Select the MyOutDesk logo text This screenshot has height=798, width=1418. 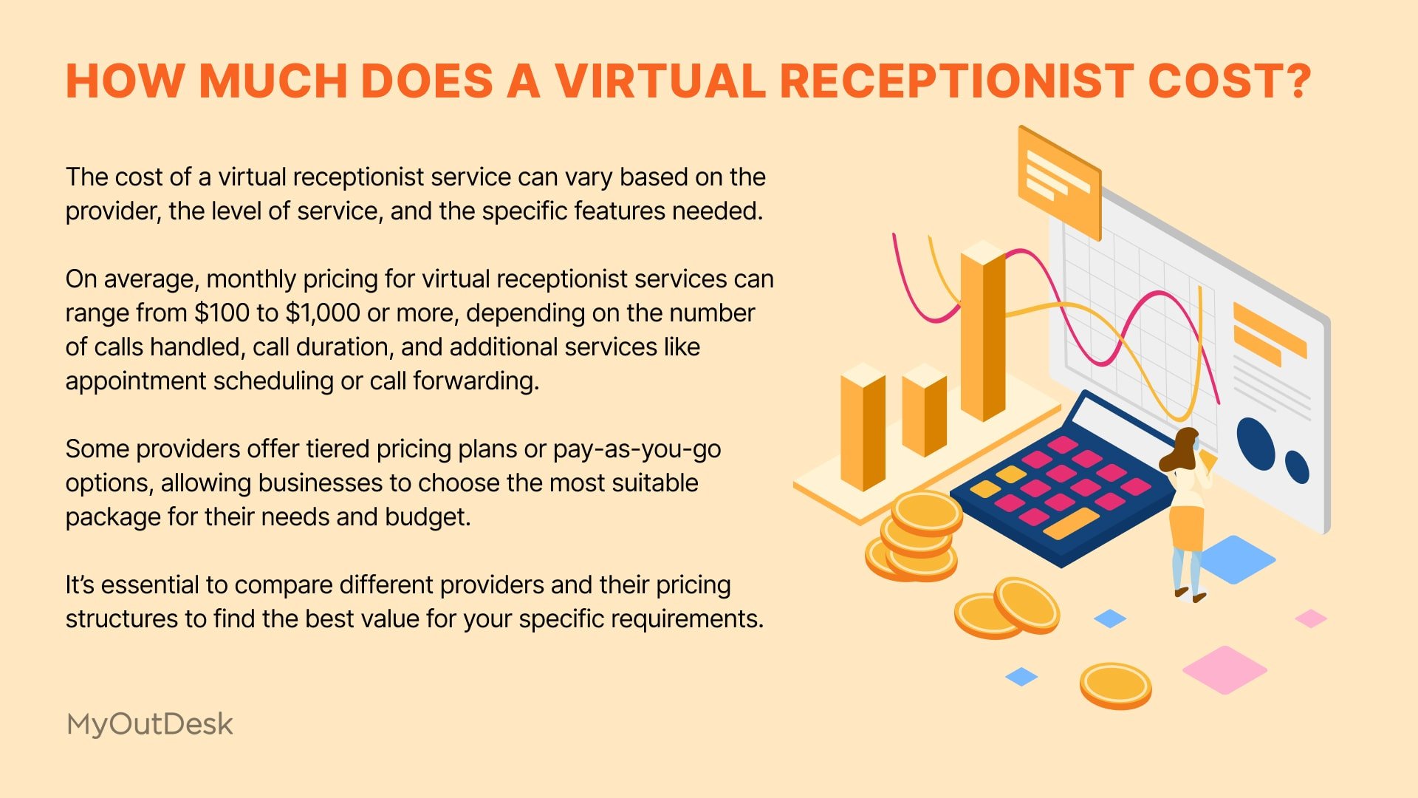click(x=149, y=724)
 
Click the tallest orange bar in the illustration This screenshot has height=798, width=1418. click(x=983, y=332)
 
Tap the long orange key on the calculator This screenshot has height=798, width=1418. click(x=1072, y=522)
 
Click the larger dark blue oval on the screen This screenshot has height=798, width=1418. click(x=1256, y=443)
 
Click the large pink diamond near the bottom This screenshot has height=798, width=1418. click(x=1225, y=669)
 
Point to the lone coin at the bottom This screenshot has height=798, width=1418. click(x=1115, y=686)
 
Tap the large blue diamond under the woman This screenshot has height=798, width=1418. click(x=1236, y=559)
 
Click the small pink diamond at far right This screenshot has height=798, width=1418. click(x=1311, y=618)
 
